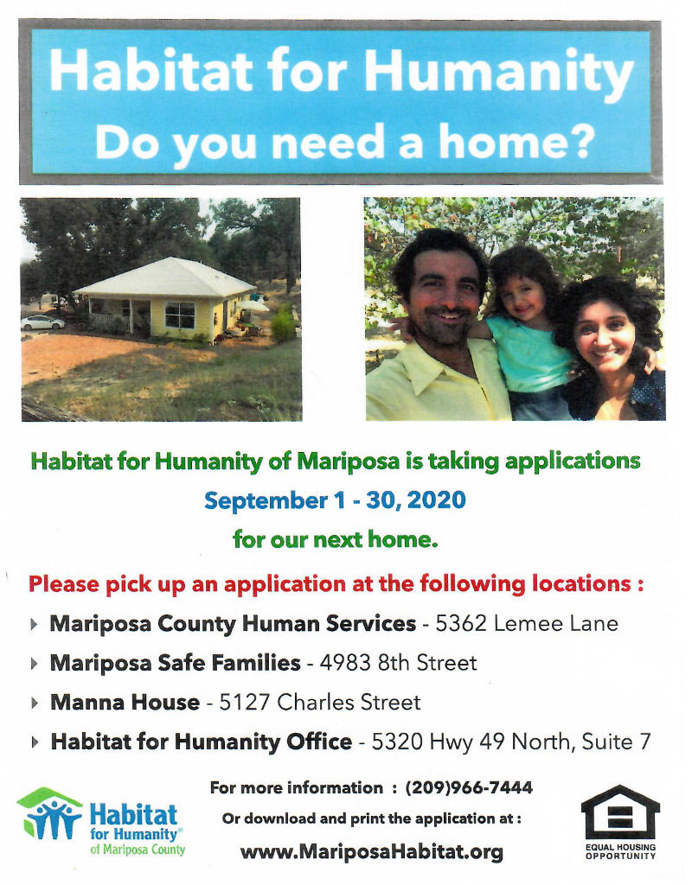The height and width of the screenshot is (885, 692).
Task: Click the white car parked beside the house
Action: pyautogui.click(x=42, y=322)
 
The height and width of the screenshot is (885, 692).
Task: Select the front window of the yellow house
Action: pyautogui.click(x=180, y=315)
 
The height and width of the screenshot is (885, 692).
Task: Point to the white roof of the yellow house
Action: pyautogui.click(x=168, y=277)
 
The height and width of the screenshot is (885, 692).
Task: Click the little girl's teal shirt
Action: pyautogui.click(x=530, y=353)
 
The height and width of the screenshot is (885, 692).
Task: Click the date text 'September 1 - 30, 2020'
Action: pyautogui.click(x=335, y=500)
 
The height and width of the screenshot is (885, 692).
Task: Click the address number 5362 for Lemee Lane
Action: pyautogui.click(x=461, y=624)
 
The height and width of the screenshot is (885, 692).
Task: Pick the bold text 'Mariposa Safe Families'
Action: pyautogui.click(x=175, y=663)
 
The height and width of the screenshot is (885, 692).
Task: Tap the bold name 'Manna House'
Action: pyautogui.click(x=125, y=702)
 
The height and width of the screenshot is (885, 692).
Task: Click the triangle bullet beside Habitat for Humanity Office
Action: pyautogui.click(x=35, y=742)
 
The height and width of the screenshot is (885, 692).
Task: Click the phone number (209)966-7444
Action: pyautogui.click(x=469, y=788)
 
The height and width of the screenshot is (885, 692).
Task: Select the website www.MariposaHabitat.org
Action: pyautogui.click(x=372, y=851)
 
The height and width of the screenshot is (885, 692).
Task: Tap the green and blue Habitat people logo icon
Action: pyautogui.click(x=49, y=813)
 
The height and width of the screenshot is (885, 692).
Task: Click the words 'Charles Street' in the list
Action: pyautogui.click(x=349, y=702)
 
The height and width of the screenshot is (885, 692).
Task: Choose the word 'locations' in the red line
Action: pyautogui.click(x=581, y=583)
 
